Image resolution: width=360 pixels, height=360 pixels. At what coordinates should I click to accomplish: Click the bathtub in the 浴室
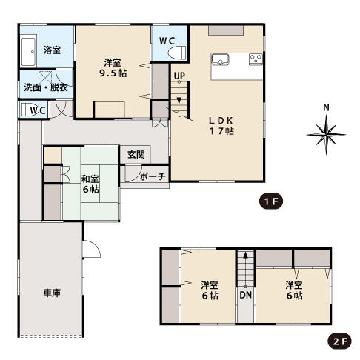28,52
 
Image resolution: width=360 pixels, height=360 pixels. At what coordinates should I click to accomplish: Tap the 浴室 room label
52,50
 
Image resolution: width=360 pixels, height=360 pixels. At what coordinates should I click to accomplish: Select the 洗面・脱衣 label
46,87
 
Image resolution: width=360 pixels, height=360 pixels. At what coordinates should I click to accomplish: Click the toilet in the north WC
176,52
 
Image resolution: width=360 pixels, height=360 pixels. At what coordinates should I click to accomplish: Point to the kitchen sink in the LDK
220,59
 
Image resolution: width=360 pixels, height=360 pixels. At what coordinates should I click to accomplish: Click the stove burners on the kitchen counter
256,59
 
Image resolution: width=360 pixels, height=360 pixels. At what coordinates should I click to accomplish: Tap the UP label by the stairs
179,76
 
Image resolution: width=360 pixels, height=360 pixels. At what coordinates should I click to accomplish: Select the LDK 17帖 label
221,126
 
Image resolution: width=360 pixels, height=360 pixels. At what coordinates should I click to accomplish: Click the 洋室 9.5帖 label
113,68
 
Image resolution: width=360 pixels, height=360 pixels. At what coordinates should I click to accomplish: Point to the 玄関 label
136,155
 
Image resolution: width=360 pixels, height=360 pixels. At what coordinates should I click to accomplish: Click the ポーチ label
153,176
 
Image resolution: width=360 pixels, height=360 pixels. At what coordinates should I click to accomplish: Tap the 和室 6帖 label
90,184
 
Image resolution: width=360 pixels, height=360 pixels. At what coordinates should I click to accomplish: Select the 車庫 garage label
52,293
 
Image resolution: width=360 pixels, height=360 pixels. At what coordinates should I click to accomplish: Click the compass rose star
326,135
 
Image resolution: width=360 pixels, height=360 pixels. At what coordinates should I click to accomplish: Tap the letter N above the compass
326,107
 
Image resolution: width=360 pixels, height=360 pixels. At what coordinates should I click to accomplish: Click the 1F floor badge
271,201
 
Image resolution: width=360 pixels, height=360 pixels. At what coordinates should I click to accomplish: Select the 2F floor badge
339,341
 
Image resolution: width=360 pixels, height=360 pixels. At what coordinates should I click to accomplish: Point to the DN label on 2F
246,295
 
